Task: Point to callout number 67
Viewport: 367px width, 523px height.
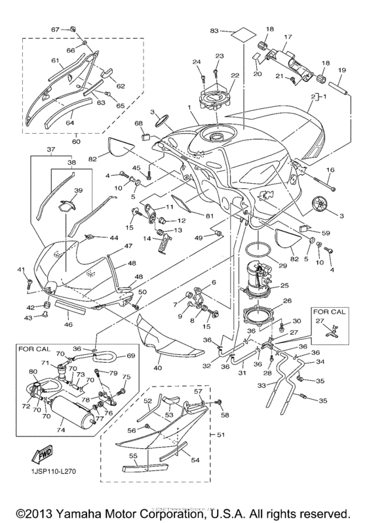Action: pyautogui.click(x=55, y=30)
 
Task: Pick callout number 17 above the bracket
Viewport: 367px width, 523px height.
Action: pyautogui.click(x=288, y=37)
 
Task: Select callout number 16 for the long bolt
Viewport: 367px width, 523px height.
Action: pyautogui.click(x=330, y=170)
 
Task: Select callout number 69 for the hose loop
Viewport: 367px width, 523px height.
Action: pyautogui.click(x=130, y=356)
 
